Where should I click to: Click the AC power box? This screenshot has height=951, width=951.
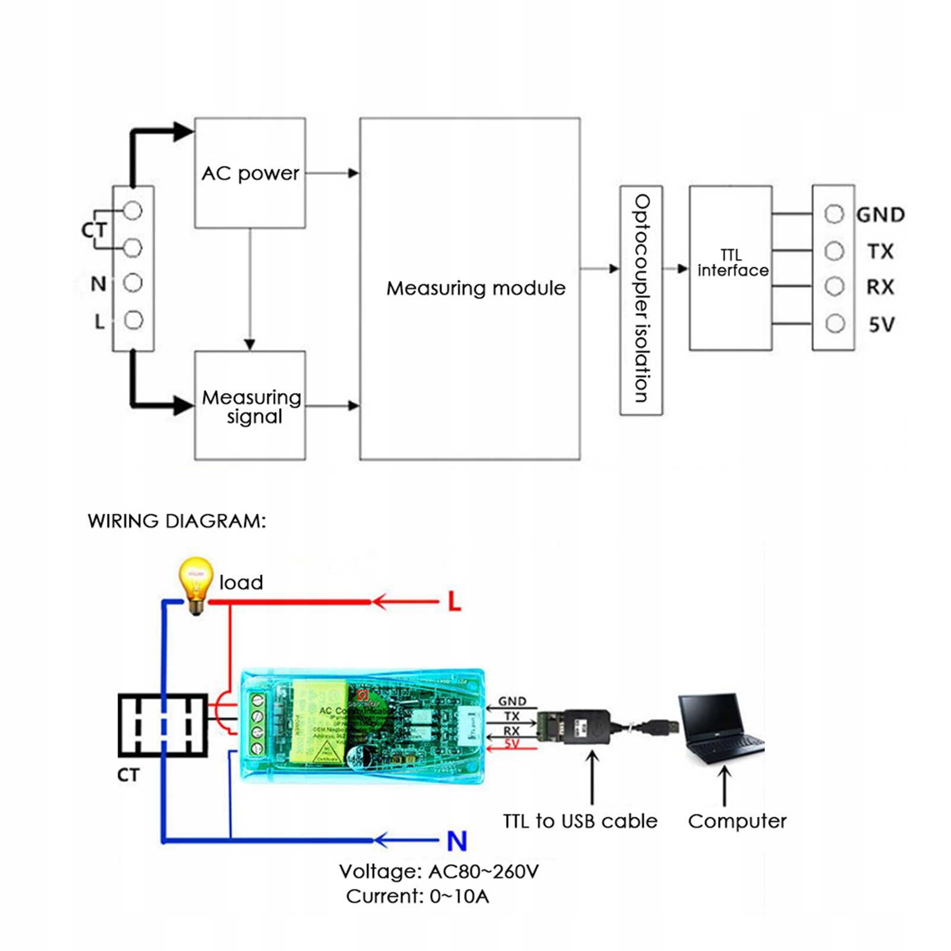tap(250, 173)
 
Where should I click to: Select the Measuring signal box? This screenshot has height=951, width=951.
tap(250, 406)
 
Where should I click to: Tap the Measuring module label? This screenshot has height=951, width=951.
tap(476, 288)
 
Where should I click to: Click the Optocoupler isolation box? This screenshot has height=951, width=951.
tap(641, 300)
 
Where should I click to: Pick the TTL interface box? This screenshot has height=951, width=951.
tap(731, 267)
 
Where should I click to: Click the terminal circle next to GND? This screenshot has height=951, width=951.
tap(834, 214)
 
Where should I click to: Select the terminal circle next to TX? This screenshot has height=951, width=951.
tap(834, 251)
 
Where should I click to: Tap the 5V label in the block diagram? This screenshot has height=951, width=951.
tap(881, 325)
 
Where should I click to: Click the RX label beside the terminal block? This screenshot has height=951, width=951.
tap(880, 287)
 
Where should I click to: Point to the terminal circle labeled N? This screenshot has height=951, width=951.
tap(132, 283)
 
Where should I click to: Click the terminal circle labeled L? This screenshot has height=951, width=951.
tap(133, 320)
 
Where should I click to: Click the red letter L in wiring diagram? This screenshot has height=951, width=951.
tap(454, 602)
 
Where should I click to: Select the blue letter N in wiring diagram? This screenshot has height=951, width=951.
tap(457, 841)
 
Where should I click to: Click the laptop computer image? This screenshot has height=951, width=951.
tap(721, 729)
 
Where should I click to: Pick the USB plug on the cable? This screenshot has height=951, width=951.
tap(665, 726)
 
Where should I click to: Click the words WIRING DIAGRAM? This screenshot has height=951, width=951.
tap(176, 521)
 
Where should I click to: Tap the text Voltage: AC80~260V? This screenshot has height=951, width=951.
tap(438, 871)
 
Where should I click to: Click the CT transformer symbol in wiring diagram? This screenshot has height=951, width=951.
tap(162, 725)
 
